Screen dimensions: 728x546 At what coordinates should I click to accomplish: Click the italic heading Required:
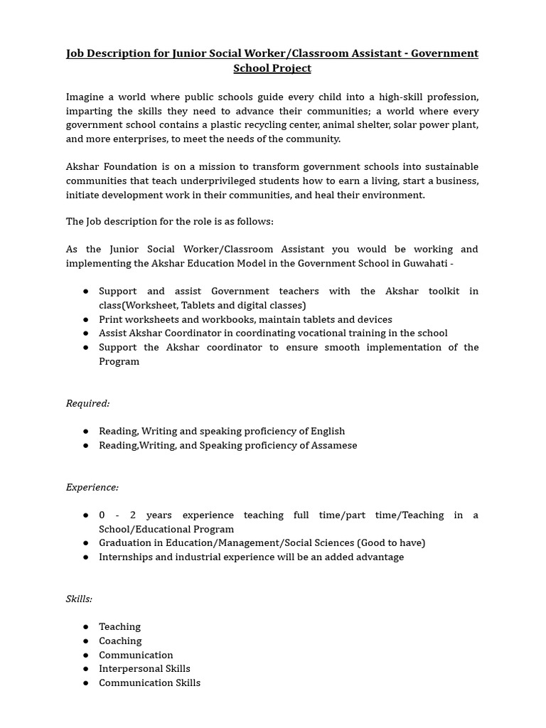click(x=87, y=403)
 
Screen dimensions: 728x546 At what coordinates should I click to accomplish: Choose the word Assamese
click(x=334, y=445)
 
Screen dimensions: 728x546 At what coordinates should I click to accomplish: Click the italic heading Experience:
click(x=92, y=487)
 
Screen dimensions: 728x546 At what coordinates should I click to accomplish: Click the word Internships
click(x=126, y=557)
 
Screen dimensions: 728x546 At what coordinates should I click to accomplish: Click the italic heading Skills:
click(x=79, y=599)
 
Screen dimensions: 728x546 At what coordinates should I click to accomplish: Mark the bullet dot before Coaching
click(x=85, y=641)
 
